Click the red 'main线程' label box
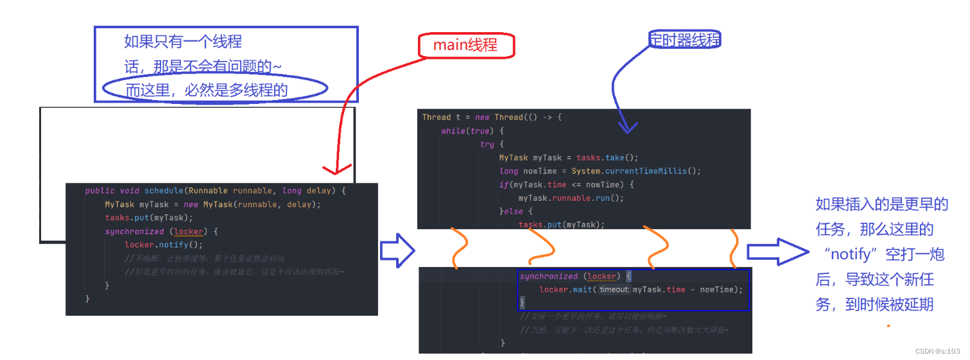click(x=466, y=45)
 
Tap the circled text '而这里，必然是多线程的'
click(x=207, y=90)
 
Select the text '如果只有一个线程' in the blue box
click(x=183, y=42)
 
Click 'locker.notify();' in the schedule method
click(x=164, y=244)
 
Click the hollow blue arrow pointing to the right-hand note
click(x=777, y=252)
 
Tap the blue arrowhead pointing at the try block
click(x=627, y=127)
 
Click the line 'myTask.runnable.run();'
click(x=571, y=198)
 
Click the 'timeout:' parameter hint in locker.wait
click(x=614, y=290)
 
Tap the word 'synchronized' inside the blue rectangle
click(x=549, y=277)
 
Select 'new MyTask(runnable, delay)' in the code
click(x=251, y=205)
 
